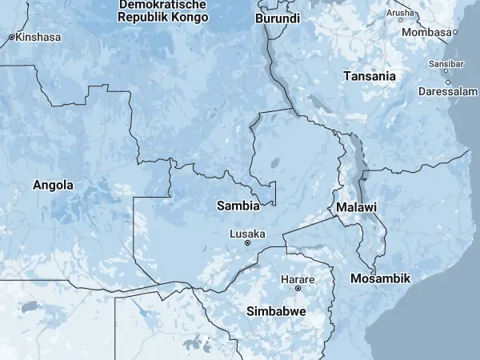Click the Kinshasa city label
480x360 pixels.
click(36, 37)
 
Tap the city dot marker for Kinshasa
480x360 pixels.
click(11, 37)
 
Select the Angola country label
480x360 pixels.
click(53, 185)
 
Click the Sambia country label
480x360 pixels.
click(238, 206)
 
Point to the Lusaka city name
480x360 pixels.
click(247, 234)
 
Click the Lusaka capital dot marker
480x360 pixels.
click(247, 242)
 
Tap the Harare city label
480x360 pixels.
click(298, 279)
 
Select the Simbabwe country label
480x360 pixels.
click(276, 310)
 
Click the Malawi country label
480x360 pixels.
click(357, 207)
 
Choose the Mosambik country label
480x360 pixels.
click(380, 278)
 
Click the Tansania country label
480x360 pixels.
click(369, 76)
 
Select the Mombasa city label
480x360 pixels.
click(426, 32)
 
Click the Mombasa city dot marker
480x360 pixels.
click(454, 32)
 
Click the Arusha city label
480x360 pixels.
click(400, 14)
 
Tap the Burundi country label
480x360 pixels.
click(278, 18)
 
